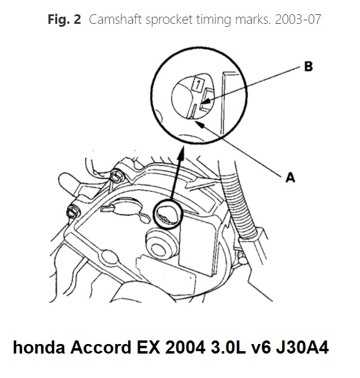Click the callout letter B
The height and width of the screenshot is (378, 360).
(308, 67)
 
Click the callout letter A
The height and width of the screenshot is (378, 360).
(290, 177)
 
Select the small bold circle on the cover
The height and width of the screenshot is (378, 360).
(166, 214)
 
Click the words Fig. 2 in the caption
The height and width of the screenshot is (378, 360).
(64, 20)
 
